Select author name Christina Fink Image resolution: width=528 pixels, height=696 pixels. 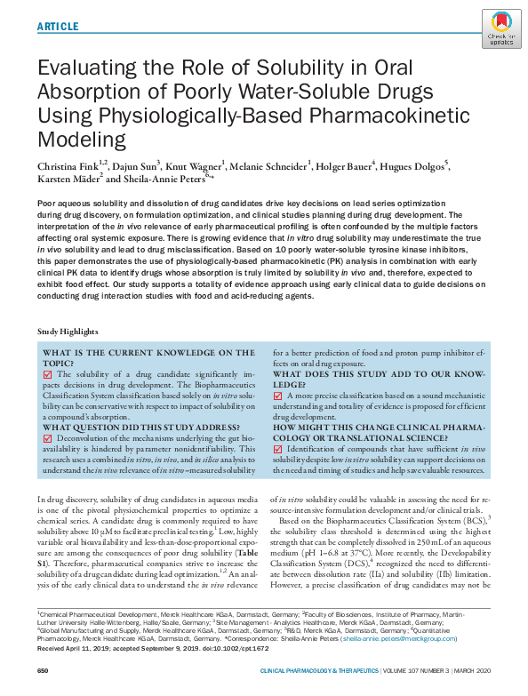68,165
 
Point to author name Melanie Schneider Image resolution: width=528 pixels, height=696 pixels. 272,165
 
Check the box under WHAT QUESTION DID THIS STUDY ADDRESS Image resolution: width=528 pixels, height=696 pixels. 48,438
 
